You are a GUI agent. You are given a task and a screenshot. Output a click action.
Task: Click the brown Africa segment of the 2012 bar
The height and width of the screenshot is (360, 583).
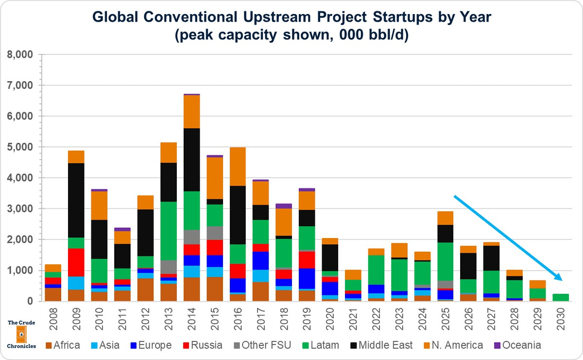145,290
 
